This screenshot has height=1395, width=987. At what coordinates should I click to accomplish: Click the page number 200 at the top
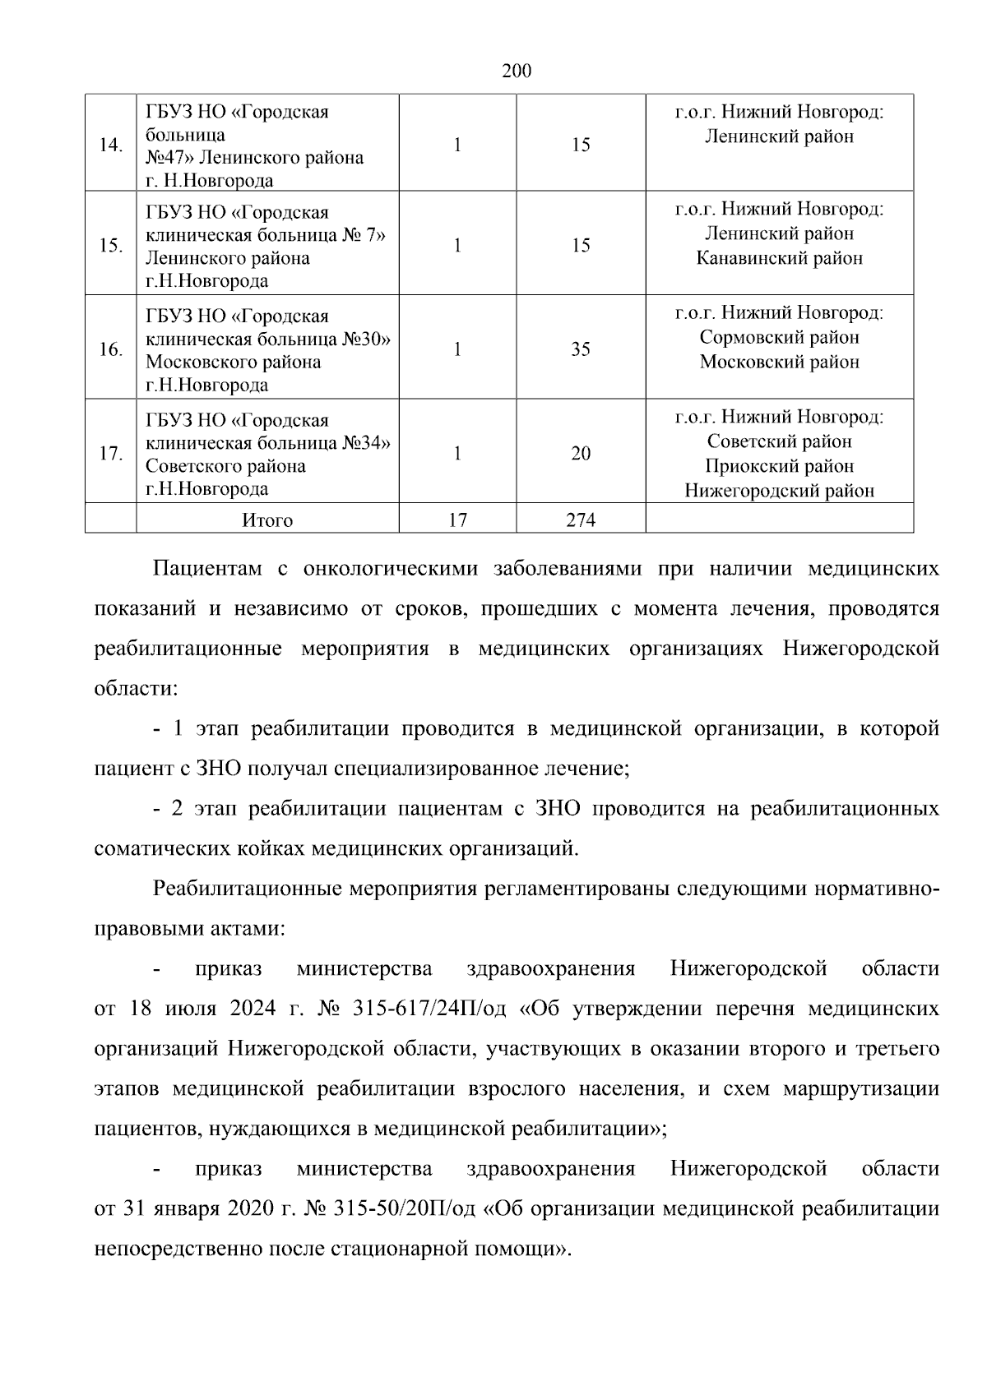point(517,72)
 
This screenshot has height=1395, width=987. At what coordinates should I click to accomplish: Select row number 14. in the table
point(111,146)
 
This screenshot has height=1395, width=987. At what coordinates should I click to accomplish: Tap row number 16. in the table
point(111,349)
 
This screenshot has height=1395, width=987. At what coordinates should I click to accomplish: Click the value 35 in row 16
point(581,349)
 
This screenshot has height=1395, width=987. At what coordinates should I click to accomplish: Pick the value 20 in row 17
point(581,454)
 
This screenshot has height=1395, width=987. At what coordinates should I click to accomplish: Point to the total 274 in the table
point(581,520)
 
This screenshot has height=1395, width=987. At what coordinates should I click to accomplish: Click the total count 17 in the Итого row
point(457,520)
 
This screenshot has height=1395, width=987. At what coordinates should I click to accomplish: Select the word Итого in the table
point(267,520)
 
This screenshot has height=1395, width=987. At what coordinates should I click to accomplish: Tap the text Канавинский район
point(779,258)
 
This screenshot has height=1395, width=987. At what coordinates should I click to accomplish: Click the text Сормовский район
point(779,337)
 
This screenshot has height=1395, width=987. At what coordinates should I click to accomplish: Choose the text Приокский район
point(779,466)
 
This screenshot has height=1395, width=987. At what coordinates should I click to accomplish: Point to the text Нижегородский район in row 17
point(779,492)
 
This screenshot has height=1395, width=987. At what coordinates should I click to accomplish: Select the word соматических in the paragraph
point(155,848)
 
